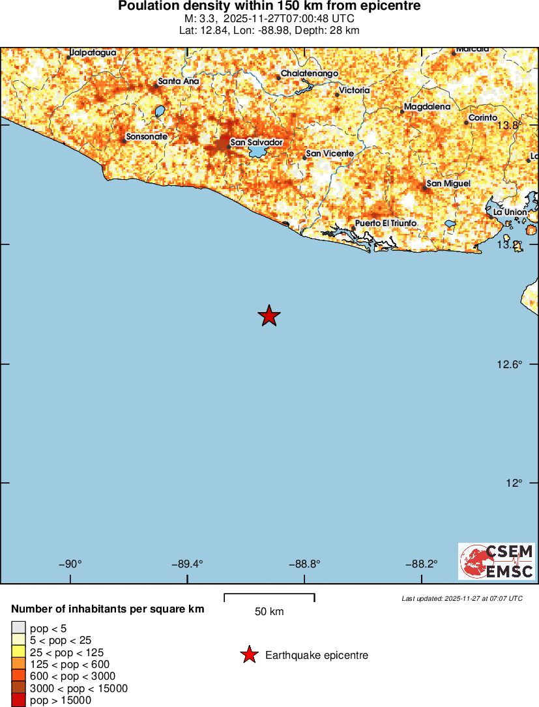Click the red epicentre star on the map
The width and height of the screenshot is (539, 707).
click(x=269, y=316)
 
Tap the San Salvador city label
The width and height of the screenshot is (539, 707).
click(x=256, y=142)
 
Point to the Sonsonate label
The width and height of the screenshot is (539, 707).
click(x=147, y=137)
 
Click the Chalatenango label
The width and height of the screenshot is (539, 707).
click(x=309, y=74)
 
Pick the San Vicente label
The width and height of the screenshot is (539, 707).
click(x=330, y=153)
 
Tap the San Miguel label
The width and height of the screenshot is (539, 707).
click(x=448, y=184)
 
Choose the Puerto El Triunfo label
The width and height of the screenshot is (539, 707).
click(x=385, y=224)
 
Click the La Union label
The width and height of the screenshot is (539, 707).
click(x=510, y=212)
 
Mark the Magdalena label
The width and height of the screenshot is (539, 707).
click(x=427, y=106)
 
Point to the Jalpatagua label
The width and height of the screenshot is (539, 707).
click(x=93, y=52)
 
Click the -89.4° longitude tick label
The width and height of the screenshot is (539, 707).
click(x=188, y=564)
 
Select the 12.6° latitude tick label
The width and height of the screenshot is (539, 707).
click(x=509, y=364)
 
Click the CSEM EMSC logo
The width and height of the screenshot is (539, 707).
click(x=496, y=561)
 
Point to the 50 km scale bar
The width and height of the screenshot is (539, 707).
click(x=269, y=598)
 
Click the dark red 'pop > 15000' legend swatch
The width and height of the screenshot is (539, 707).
click(x=18, y=700)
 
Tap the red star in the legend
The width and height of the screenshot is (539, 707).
click(x=248, y=655)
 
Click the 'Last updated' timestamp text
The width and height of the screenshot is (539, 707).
click(x=462, y=598)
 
